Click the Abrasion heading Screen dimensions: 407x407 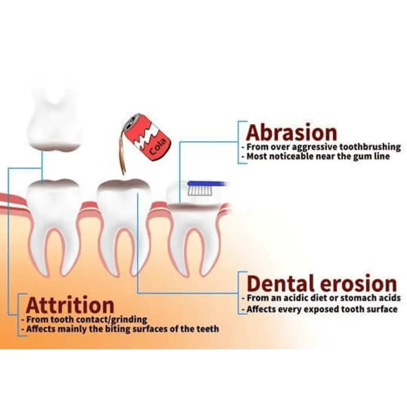(291, 132)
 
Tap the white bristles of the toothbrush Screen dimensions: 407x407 (200, 191)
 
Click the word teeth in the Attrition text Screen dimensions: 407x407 (207, 329)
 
